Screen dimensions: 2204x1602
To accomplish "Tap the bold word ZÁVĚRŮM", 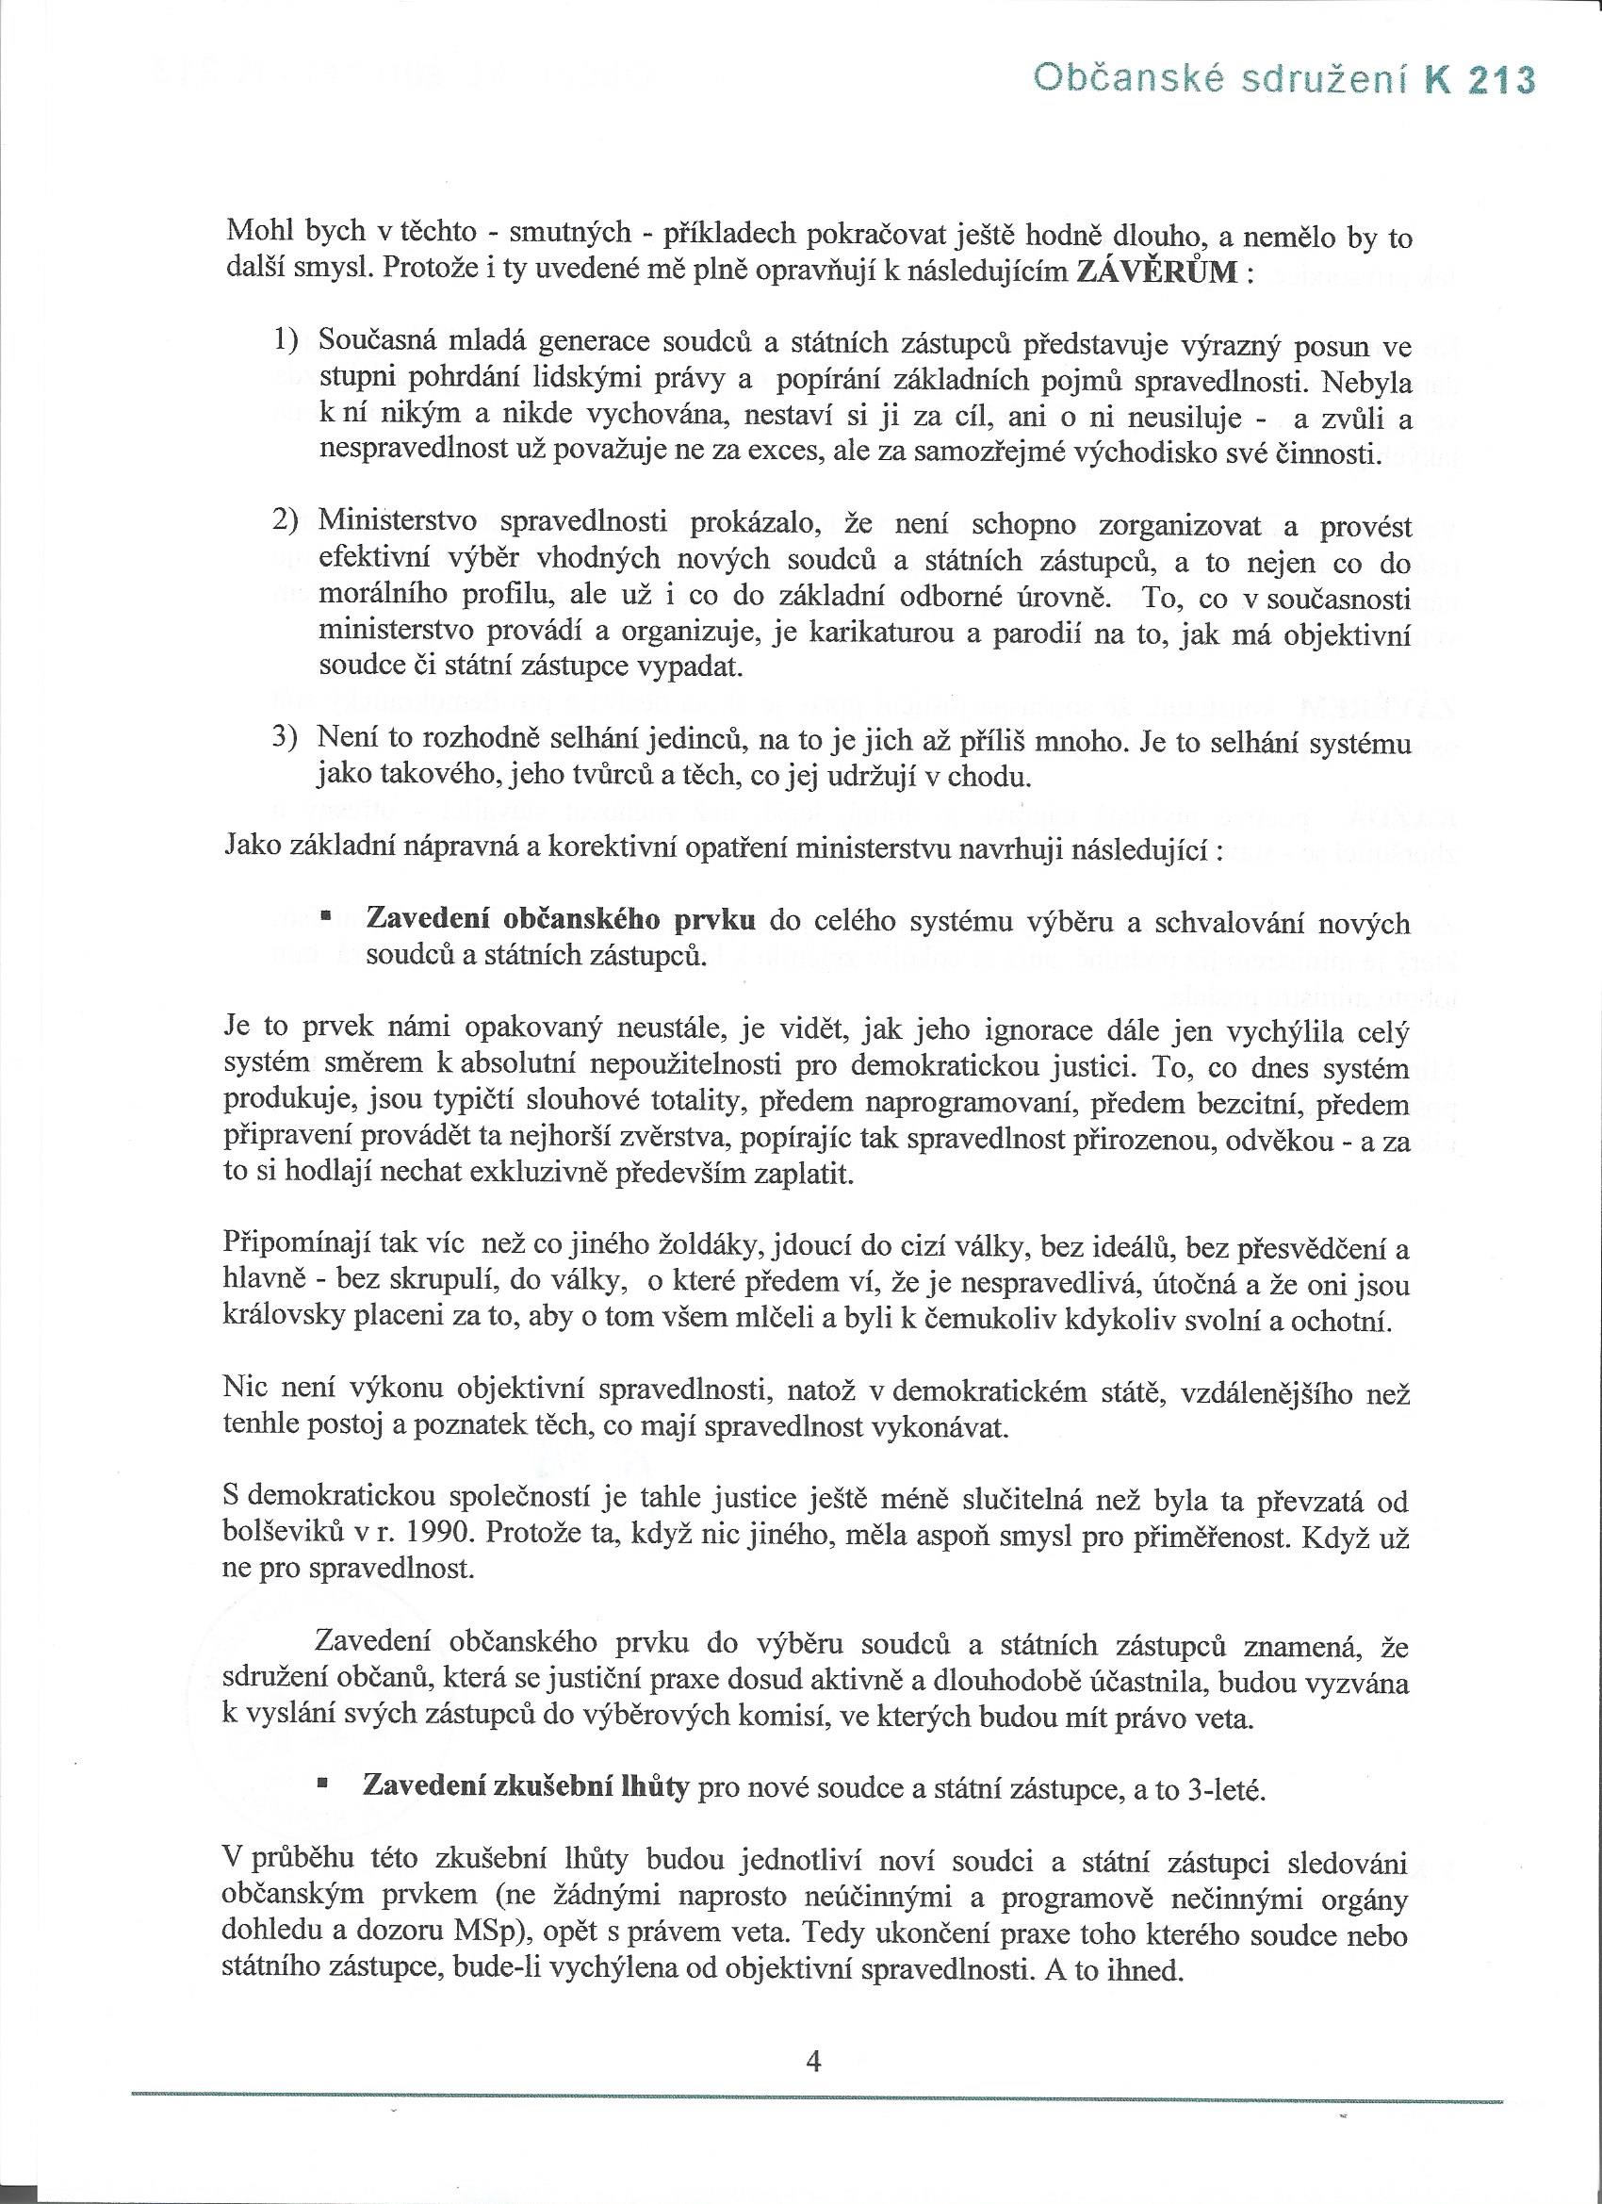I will [1156, 272].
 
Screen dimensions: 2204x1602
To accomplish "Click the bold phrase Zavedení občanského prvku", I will [561, 918].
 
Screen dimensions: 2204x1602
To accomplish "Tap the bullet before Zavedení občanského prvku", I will [326, 916].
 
